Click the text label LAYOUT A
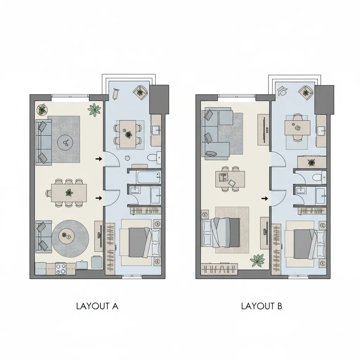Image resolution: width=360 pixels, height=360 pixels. click(97, 306)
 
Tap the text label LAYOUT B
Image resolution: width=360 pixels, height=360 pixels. click(262, 306)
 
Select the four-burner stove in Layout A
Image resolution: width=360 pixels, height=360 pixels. click(61, 269)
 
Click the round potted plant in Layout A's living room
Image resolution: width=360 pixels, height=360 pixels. click(42, 109)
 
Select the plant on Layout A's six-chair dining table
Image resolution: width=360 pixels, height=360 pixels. click(69, 192)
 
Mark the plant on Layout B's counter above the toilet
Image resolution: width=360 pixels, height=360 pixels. click(311, 162)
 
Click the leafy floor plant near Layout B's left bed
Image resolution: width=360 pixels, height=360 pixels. click(258, 261)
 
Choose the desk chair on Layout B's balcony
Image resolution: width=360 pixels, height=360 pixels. click(282, 90)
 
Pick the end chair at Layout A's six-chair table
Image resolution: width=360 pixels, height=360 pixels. click(49, 193)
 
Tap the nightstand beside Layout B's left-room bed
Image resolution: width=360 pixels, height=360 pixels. click(204, 214)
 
